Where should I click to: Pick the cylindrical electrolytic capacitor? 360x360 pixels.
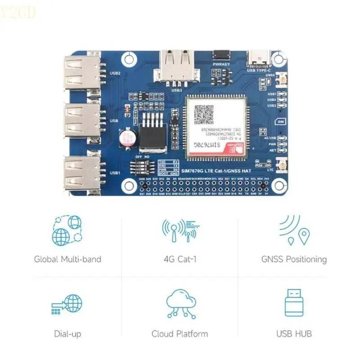click(126, 139)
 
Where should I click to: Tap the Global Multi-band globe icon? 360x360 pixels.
click(67, 230)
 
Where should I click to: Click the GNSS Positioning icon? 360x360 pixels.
click(294, 230)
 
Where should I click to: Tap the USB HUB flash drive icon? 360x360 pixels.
click(294, 302)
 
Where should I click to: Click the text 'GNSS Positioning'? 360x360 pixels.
click(294, 259)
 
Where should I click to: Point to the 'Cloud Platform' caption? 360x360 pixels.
click(180, 334)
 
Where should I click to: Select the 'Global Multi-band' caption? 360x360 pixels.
click(67, 259)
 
